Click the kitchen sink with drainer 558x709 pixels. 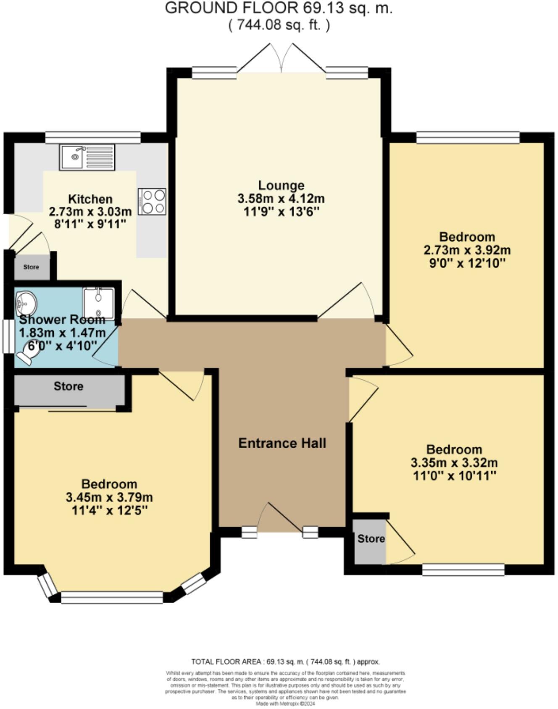87,157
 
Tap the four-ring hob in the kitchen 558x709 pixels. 152,202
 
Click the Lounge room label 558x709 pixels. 281,185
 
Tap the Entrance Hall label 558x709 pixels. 282,443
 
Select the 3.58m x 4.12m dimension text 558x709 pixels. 281,198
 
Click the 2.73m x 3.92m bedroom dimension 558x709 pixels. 467,250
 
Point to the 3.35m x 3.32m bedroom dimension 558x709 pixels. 454,463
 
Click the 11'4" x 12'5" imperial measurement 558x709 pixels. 109,511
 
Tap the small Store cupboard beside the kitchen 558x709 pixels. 31,267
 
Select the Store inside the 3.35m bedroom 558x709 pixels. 371,539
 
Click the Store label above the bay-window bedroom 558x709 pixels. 68,386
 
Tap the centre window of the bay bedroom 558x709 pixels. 112,597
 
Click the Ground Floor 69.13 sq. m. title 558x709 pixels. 279,8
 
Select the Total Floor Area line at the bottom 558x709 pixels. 285,662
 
